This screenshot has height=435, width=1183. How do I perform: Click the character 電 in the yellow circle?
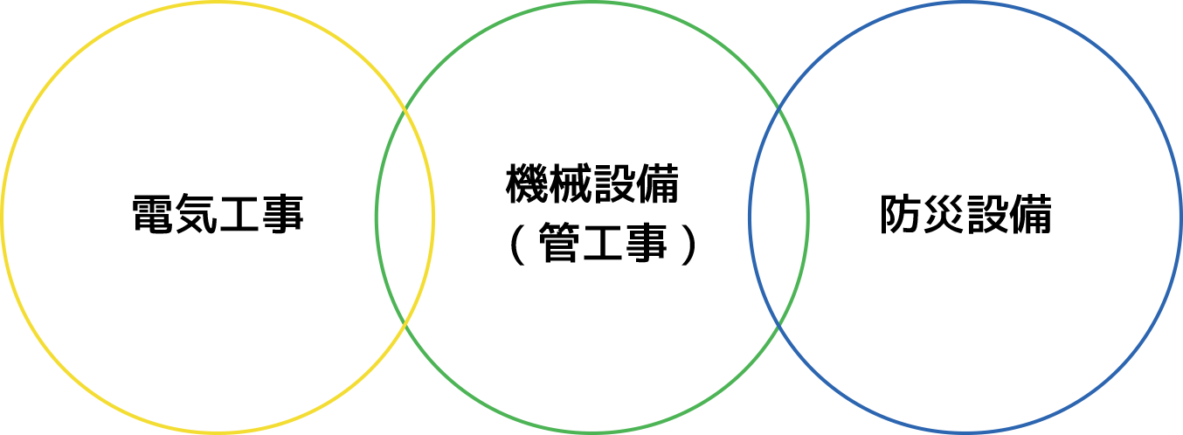pyautogui.click(x=153, y=214)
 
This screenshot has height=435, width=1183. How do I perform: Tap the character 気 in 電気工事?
pyautogui.click(x=196, y=214)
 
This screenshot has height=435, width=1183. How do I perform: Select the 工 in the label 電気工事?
pyautogui.click(x=239, y=214)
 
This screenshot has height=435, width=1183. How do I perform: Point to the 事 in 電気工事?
pyautogui.click(x=282, y=214)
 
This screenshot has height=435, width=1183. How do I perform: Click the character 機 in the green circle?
pyautogui.click(x=527, y=183)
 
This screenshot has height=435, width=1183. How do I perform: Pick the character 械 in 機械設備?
pyautogui.click(x=570, y=183)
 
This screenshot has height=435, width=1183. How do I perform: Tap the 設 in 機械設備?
pyautogui.click(x=613, y=183)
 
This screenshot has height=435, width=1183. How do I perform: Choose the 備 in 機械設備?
pyautogui.click(x=657, y=183)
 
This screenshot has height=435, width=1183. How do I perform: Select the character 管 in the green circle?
pyautogui.click(x=559, y=244)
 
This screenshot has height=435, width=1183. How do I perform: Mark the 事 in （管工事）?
pyautogui.click(x=646, y=244)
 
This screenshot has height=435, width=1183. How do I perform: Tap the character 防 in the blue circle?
pyautogui.click(x=901, y=214)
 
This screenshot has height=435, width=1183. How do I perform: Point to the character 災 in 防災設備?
pyautogui.click(x=944, y=214)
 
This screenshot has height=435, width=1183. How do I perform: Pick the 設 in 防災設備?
pyautogui.click(x=987, y=214)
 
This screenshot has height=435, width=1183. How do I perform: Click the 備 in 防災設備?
pyautogui.click(x=1031, y=214)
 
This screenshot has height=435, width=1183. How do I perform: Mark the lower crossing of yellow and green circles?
pyautogui.click(x=405, y=322)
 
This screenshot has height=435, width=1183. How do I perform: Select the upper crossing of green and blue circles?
pyautogui.click(x=779, y=110)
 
